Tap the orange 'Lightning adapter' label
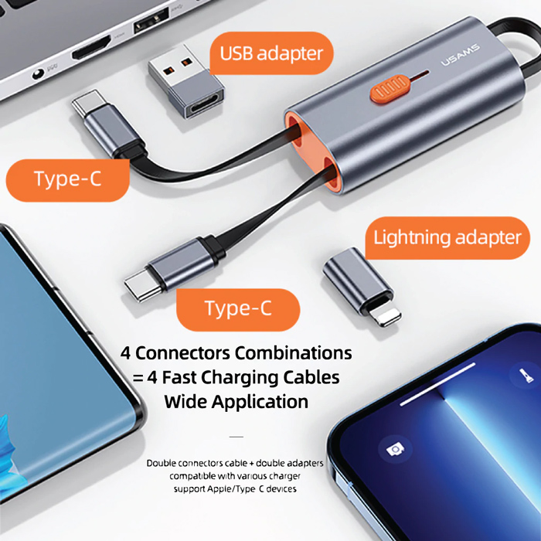click(447, 237)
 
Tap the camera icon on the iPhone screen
click(395, 449)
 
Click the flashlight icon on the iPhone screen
click(520, 378)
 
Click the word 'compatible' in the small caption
click(192, 475)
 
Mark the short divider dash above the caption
click(236, 437)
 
